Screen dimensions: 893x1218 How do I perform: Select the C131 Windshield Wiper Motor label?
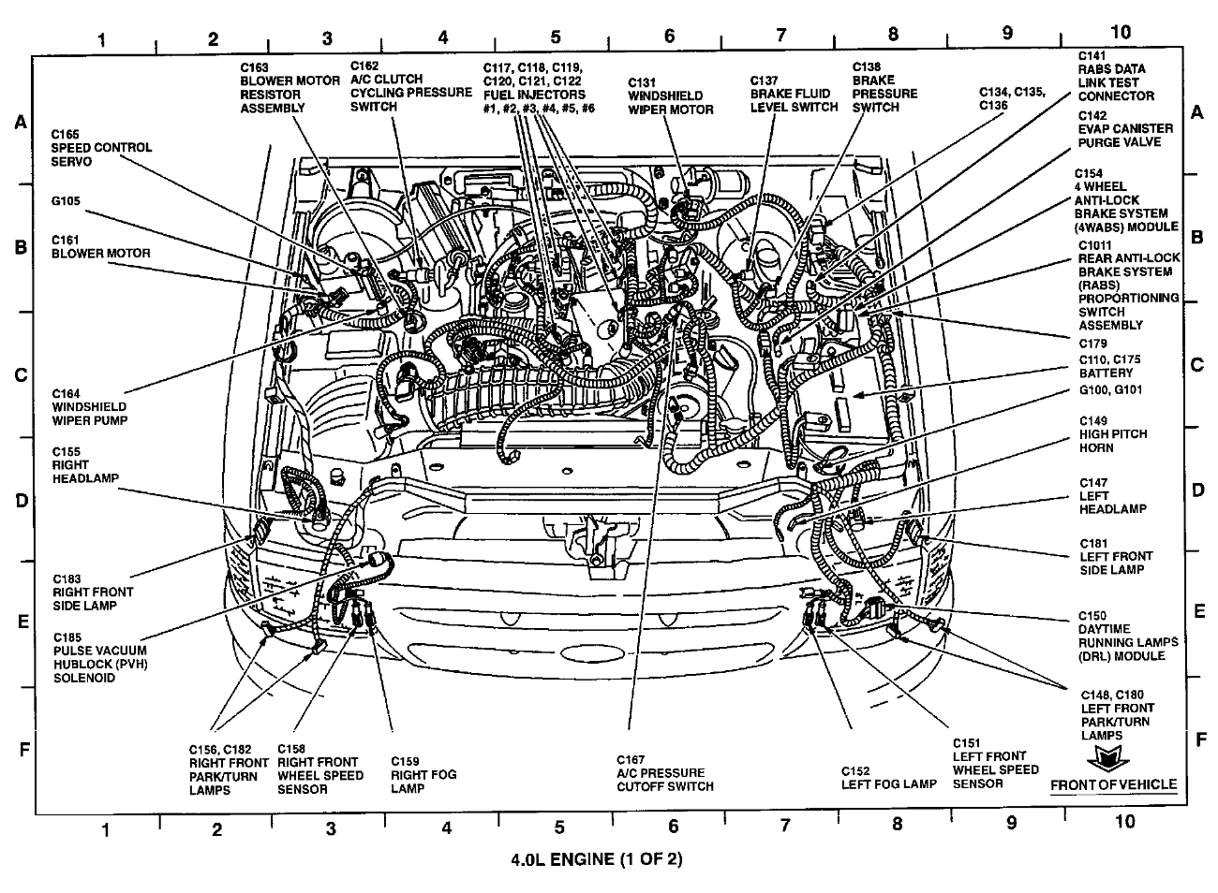tap(670, 95)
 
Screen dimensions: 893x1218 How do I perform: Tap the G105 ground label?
tap(67, 199)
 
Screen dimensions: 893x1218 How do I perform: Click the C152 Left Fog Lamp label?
tap(888, 783)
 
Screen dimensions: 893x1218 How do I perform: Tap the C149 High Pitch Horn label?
tap(1112, 434)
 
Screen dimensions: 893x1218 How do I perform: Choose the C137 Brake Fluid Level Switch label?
tap(794, 94)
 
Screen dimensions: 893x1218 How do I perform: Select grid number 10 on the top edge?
tap(1120, 32)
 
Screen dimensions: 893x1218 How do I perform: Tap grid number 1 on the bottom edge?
tap(106, 828)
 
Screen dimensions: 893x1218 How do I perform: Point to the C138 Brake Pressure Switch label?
tap(884, 87)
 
